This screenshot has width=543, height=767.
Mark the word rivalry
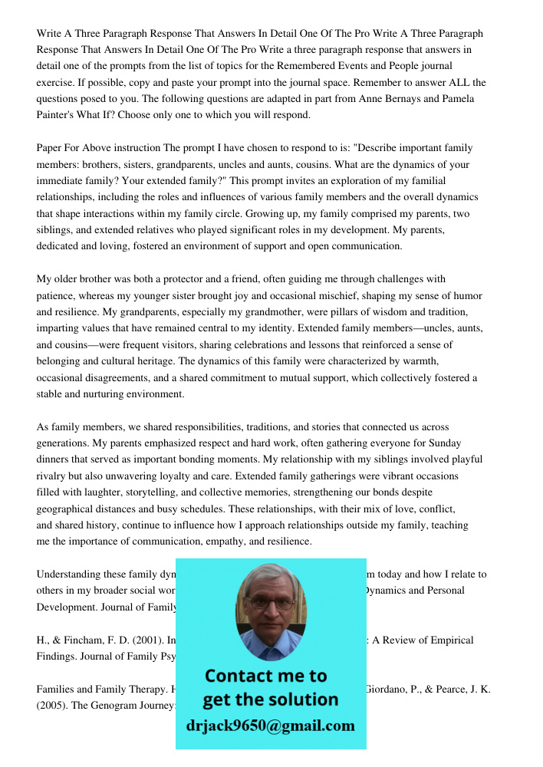pos(53,476)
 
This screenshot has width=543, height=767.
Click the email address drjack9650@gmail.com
pos(271,726)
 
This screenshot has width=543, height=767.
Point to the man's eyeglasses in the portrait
pos(271,603)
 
